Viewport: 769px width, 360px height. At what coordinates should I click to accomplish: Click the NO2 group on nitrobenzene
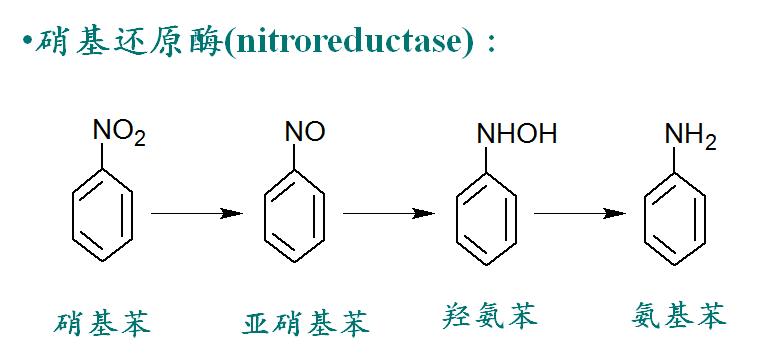tap(119, 133)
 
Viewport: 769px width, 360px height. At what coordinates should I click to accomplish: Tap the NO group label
tap(305, 131)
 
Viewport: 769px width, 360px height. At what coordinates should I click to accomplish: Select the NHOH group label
tap(516, 133)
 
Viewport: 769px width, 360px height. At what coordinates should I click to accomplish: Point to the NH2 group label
tap(691, 136)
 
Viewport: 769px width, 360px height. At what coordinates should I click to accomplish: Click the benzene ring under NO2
tap(73, 215)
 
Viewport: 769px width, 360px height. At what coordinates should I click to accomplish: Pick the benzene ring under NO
tap(265, 215)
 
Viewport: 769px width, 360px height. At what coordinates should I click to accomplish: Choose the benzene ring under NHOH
tap(457, 218)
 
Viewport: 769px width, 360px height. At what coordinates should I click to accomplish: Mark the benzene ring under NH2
tap(645, 218)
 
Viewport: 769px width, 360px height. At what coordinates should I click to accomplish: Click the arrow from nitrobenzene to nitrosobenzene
tap(197, 213)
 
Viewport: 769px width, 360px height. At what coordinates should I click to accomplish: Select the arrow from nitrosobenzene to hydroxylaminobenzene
tap(389, 213)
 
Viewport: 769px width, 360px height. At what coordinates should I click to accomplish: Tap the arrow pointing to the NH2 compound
tap(580, 213)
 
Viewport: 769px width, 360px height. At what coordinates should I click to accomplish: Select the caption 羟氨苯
tap(489, 315)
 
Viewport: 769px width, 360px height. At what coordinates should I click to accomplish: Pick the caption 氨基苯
tap(678, 315)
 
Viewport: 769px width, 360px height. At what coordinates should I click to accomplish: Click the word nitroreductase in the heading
tap(350, 42)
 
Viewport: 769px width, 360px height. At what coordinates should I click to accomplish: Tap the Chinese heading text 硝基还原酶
tap(128, 42)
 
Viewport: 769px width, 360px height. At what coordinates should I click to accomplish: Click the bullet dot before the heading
tap(27, 41)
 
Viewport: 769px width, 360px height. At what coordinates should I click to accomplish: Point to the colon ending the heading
tap(491, 44)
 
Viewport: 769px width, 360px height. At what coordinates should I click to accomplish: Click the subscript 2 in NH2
tap(711, 143)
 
